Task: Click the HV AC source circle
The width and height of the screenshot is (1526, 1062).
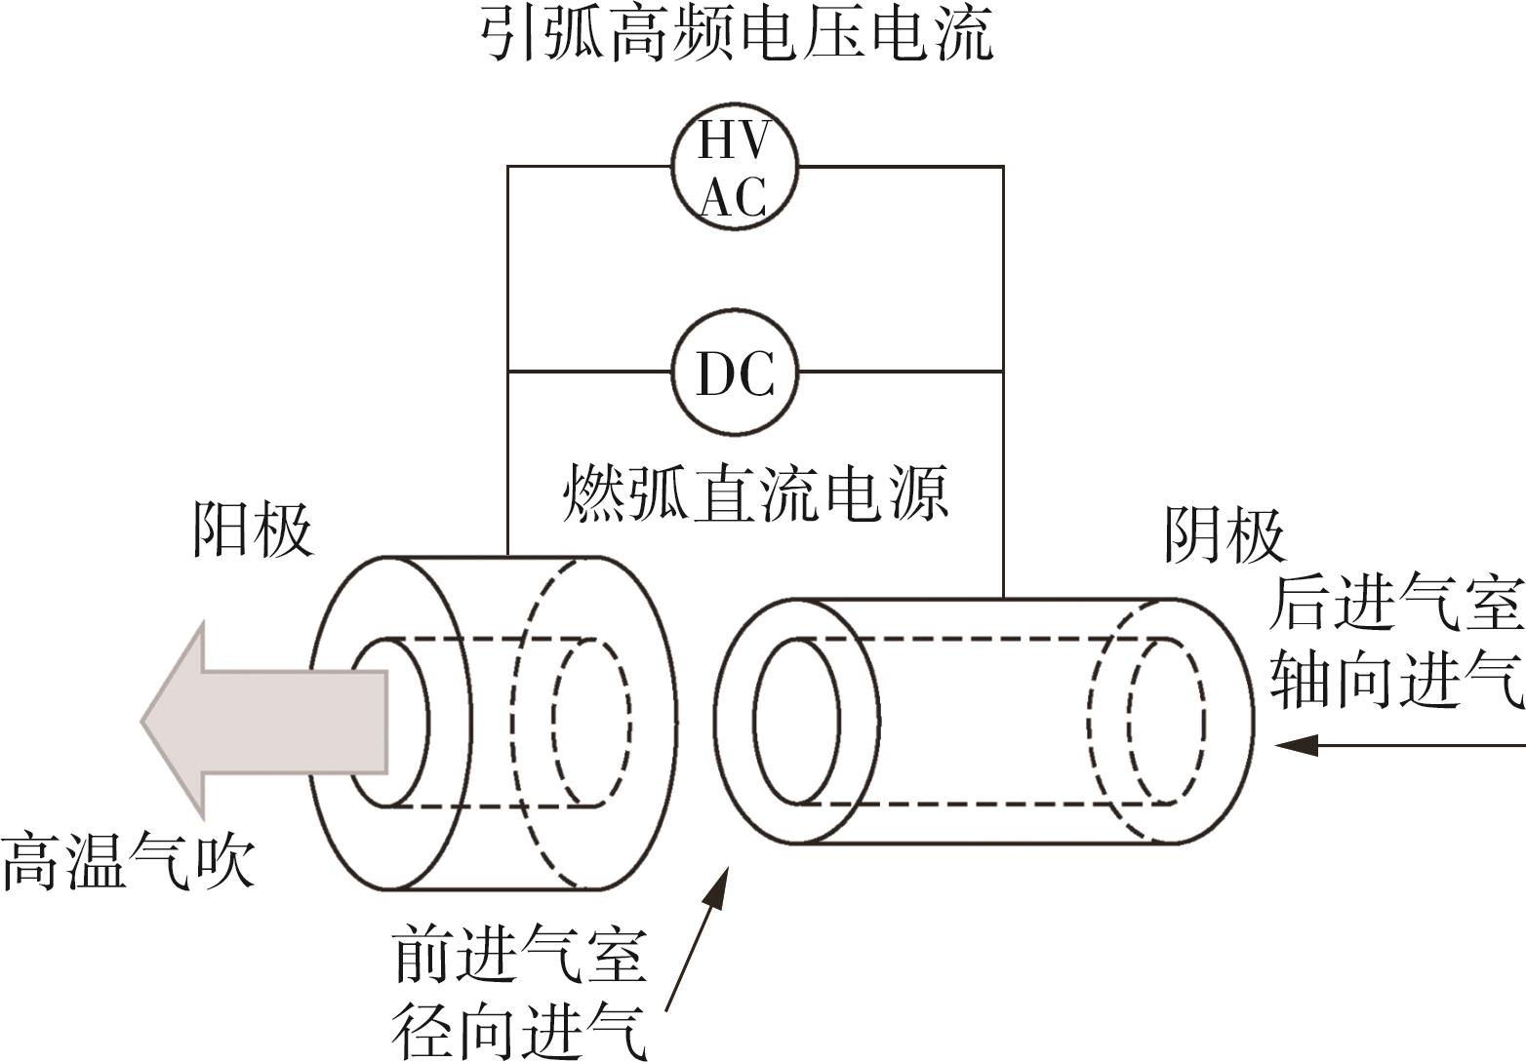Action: (x=735, y=167)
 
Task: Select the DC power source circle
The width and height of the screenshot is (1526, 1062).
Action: (x=735, y=372)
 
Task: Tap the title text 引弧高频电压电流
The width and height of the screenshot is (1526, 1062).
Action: (x=738, y=35)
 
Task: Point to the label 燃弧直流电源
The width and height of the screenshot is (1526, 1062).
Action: (x=756, y=495)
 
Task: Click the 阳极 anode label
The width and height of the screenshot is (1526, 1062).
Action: (x=253, y=530)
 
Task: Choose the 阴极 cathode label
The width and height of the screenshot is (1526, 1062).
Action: (x=1225, y=535)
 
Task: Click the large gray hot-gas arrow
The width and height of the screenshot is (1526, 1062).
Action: (x=263, y=721)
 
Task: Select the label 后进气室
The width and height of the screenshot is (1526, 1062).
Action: (x=1396, y=605)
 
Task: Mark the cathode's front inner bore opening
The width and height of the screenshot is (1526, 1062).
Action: (x=797, y=723)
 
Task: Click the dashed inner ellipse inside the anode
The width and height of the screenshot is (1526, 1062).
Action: (x=590, y=723)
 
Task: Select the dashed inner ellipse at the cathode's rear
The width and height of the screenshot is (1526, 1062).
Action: (x=1167, y=721)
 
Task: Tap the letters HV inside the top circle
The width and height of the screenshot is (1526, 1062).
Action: (x=735, y=142)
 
